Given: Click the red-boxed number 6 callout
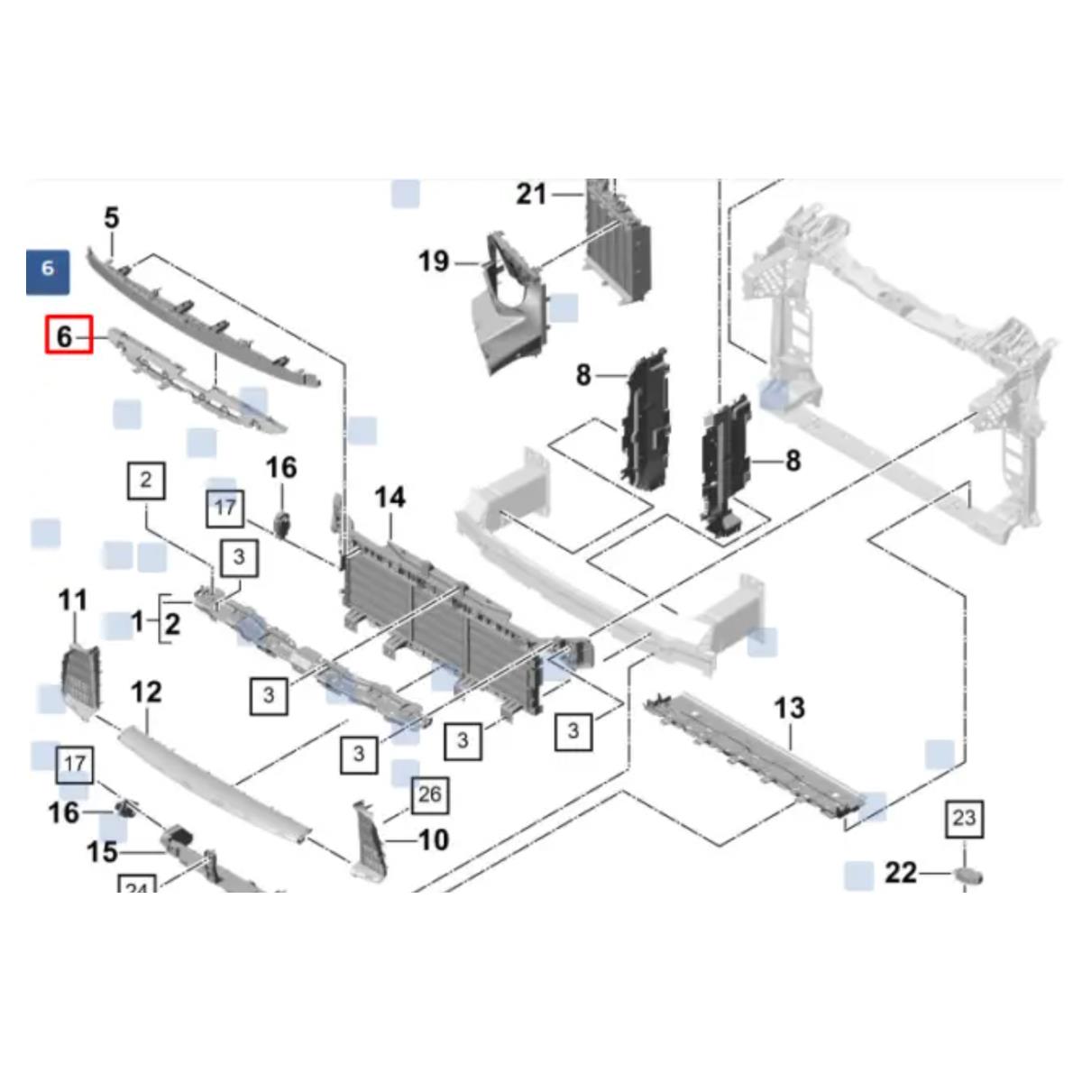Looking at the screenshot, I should pyautogui.click(x=69, y=335).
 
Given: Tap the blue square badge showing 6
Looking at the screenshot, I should pyautogui.click(x=47, y=268).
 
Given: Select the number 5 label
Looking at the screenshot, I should pyautogui.click(x=111, y=217).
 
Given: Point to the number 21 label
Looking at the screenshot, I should pyautogui.click(x=532, y=193).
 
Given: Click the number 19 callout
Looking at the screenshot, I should pyautogui.click(x=434, y=261).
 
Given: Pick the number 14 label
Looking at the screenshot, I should pyautogui.click(x=390, y=497).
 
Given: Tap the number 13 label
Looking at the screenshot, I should pyautogui.click(x=789, y=708).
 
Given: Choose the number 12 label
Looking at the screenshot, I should pyautogui.click(x=146, y=692).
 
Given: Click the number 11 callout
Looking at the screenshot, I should pyautogui.click(x=73, y=600).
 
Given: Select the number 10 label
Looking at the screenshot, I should pyautogui.click(x=434, y=840).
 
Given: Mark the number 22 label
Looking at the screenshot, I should pyautogui.click(x=900, y=873).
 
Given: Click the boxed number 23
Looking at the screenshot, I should pyautogui.click(x=964, y=819).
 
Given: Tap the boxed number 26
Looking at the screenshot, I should pyautogui.click(x=430, y=794).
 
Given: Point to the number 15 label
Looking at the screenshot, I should pyautogui.click(x=103, y=851).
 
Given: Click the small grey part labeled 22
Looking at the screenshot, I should pyautogui.click(x=969, y=875).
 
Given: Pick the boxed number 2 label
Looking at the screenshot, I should pyautogui.click(x=146, y=480).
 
